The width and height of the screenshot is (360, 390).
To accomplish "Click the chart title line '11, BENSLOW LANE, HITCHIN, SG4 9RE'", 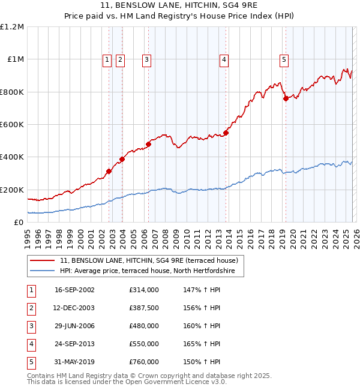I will point(180,6).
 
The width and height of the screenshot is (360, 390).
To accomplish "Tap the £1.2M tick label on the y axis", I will point(12,27).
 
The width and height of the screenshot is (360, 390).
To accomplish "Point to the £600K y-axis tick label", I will point(12,125).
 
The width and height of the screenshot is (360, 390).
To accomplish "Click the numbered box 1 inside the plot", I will point(107,59).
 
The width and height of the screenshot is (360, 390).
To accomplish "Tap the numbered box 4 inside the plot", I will point(224,59).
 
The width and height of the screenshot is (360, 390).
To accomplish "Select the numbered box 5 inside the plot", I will point(284,59).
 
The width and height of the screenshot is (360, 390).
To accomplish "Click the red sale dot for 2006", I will point(148,144).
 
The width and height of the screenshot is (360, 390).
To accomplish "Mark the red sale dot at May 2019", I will point(286,98).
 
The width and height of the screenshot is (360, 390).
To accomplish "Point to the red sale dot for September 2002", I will point(109,171).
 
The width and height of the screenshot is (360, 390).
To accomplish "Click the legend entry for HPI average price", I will point(151,271).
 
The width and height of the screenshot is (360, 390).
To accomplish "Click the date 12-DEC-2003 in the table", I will point(74,307).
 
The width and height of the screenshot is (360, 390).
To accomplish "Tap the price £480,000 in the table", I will point(144,326).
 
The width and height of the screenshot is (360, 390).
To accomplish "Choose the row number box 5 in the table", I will point(31,362).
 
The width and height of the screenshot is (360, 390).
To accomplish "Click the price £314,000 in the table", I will point(144,289).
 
